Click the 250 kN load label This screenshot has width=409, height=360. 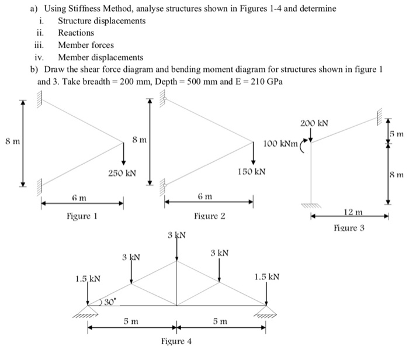pyautogui.click(x=122, y=173)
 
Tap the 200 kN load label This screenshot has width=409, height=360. pyautogui.click(x=314, y=124)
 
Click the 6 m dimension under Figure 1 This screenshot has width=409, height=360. pyautogui.click(x=81, y=199)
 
